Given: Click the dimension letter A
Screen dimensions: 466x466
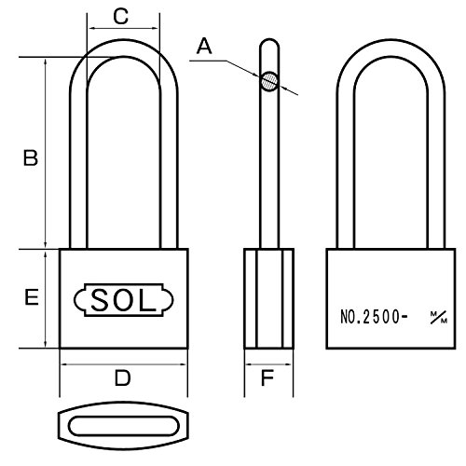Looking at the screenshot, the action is (x=204, y=46).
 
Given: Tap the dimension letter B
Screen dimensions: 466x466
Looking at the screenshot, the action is (x=31, y=158).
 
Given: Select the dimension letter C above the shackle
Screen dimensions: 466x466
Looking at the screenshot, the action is (x=121, y=16).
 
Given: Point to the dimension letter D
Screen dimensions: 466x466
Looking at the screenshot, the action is (x=123, y=377).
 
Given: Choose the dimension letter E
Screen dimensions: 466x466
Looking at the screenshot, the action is (x=32, y=297).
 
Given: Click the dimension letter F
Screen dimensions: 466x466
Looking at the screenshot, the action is (x=267, y=377).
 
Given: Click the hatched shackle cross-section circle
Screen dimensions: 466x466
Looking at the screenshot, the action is (x=269, y=81).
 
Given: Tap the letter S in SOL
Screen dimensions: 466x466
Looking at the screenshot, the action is (x=100, y=300).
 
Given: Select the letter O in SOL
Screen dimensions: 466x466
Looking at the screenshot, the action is (x=122, y=300).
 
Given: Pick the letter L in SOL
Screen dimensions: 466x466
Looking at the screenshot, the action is (x=146, y=300).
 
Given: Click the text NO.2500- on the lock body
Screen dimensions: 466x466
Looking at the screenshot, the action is (x=374, y=317).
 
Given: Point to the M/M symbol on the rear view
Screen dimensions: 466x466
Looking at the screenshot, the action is (x=439, y=317).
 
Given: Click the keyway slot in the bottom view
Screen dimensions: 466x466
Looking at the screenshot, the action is (x=124, y=426).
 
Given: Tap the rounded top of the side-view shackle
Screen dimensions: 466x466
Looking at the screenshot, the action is (x=269, y=40).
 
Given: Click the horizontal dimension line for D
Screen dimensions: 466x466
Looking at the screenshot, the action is (x=124, y=364).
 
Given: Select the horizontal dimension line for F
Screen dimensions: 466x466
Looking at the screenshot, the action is (x=268, y=364).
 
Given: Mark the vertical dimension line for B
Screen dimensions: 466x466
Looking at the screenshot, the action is (x=46, y=153).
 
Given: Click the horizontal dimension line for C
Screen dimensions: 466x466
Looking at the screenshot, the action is (x=124, y=29).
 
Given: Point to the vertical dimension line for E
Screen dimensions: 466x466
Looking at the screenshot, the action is (x=46, y=298).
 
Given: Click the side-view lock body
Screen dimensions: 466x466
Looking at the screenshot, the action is (x=268, y=298).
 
